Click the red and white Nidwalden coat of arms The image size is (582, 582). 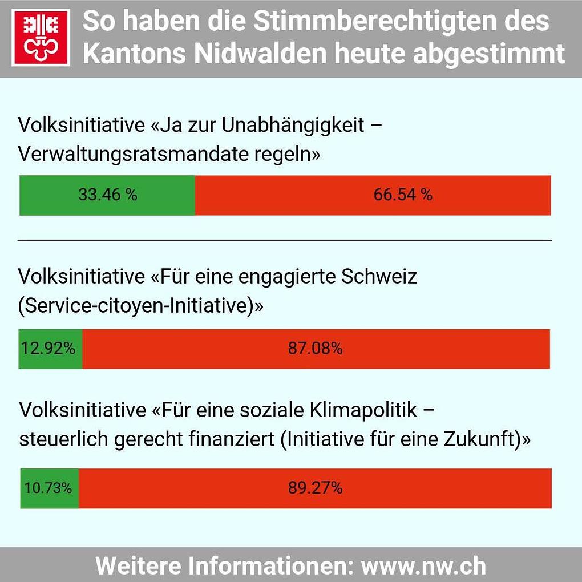(41, 38)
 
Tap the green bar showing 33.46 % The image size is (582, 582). (107, 195)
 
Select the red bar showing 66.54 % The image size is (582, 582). (373, 195)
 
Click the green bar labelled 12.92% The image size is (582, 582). (51, 349)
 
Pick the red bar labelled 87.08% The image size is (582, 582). (316, 349)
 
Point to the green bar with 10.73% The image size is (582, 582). (50, 488)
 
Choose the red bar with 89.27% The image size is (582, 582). (315, 488)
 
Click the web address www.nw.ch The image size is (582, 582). (423, 565)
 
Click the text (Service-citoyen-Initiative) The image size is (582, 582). (140, 306)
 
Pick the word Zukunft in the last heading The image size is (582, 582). (483, 439)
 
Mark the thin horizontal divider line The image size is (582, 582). (285, 241)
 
